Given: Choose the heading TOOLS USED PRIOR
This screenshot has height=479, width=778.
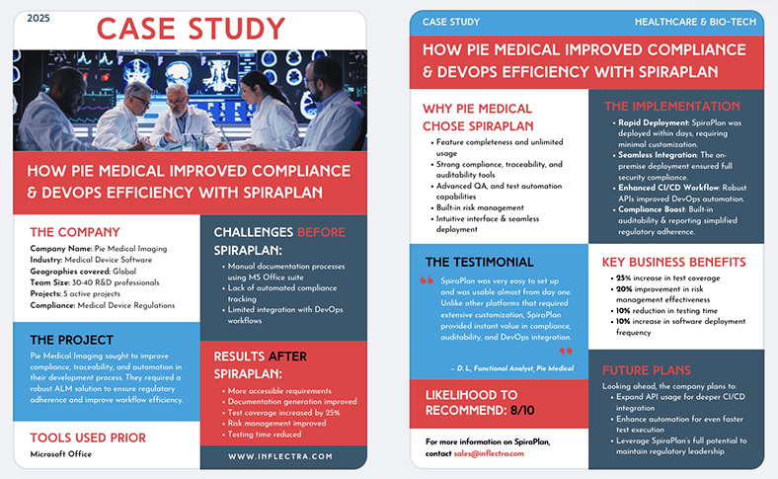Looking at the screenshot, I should tap(88, 437).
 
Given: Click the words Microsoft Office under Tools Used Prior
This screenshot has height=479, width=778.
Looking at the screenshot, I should tap(61, 454).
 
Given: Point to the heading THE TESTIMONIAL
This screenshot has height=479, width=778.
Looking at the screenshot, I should tap(479, 262).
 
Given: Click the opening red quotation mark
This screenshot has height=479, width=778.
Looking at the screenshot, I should tap(428, 281).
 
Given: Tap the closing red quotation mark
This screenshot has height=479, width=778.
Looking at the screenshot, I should tap(566, 351).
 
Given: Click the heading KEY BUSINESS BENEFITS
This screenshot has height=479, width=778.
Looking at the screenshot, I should tap(674, 262).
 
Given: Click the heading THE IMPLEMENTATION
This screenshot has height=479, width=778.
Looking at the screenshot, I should tap(671, 106).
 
